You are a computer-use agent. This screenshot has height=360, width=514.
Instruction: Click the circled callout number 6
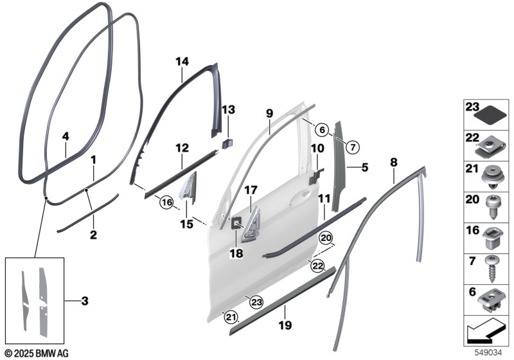click(323, 130)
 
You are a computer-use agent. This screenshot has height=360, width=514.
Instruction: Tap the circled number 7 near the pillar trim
click(353, 147)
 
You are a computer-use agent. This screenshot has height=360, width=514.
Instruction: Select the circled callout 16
click(166, 203)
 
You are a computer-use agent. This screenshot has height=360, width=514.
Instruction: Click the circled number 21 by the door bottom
click(230, 317)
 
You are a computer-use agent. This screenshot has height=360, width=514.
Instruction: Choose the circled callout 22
click(317, 265)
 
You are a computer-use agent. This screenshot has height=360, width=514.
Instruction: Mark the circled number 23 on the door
click(256, 302)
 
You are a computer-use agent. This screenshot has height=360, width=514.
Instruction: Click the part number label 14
click(182, 61)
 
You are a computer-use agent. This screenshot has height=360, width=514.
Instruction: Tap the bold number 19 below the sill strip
click(285, 325)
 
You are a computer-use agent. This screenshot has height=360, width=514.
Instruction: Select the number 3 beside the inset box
click(85, 301)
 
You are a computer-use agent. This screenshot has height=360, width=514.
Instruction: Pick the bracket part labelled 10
click(315, 175)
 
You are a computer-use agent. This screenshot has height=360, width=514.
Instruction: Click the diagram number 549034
click(488, 353)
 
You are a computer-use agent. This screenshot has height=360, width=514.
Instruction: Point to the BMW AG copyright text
click(37, 354)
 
